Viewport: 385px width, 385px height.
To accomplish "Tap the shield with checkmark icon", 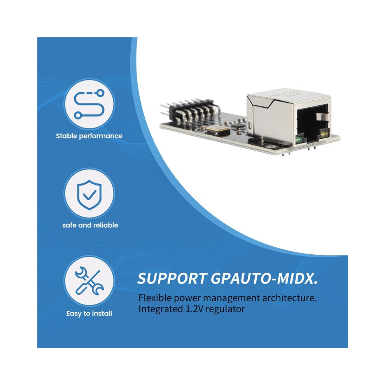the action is (89, 195).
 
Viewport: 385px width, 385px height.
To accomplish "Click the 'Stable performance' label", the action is (89, 136).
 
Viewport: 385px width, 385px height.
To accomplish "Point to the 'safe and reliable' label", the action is (90, 225).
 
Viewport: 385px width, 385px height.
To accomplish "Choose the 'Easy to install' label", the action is (89, 313).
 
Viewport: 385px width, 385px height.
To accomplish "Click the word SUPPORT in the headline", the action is (172, 279).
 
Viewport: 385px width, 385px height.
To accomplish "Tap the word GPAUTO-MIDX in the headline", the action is (264, 279).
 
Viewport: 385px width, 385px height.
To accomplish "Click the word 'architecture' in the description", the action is (288, 298).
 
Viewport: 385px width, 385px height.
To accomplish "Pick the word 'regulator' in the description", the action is (226, 310).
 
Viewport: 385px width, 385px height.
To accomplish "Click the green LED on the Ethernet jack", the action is (299, 140).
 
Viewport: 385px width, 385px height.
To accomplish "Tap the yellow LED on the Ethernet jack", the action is (325, 133).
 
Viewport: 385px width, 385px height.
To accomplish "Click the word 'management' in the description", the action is (231, 298).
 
